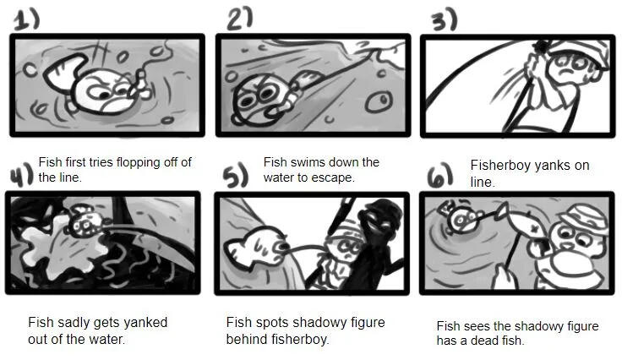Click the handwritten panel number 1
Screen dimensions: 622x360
point(27,19)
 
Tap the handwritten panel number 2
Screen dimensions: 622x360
point(240,19)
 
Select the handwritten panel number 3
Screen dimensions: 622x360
point(445,20)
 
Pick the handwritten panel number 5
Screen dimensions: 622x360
point(236,177)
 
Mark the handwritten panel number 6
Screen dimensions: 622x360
point(440,175)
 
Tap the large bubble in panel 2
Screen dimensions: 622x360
point(379,102)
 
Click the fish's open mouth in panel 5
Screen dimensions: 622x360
point(284,248)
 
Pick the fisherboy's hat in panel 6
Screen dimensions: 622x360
point(583,219)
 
